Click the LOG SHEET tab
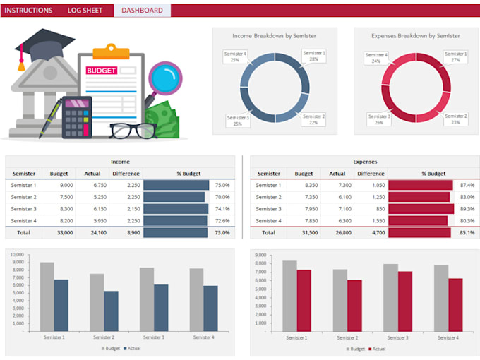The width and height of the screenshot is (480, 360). pos(85,11)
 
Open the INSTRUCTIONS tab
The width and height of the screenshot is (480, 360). pos(29,11)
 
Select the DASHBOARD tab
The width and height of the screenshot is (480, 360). pos(142,11)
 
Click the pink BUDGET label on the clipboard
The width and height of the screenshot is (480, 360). pos(102,71)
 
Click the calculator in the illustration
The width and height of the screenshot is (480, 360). pos(77,116)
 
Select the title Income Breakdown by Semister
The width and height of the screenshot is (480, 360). pos(275,35)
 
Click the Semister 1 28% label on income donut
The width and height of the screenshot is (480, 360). pos(313,56)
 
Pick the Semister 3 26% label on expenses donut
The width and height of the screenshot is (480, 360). pos(378,119)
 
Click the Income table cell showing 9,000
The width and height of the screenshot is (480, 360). pos(63,185)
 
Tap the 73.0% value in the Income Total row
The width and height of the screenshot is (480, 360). pos(222,232)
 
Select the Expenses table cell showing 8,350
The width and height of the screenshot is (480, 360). pos(308,185)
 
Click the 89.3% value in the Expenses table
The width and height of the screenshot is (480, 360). pos(467,209)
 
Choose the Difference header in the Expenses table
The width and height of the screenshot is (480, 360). pos(371,174)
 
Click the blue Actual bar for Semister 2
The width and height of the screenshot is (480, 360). pos(111,311)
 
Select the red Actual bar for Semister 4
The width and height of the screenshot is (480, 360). pos(455,304)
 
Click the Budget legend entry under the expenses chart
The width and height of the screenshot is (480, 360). pos(354,349)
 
